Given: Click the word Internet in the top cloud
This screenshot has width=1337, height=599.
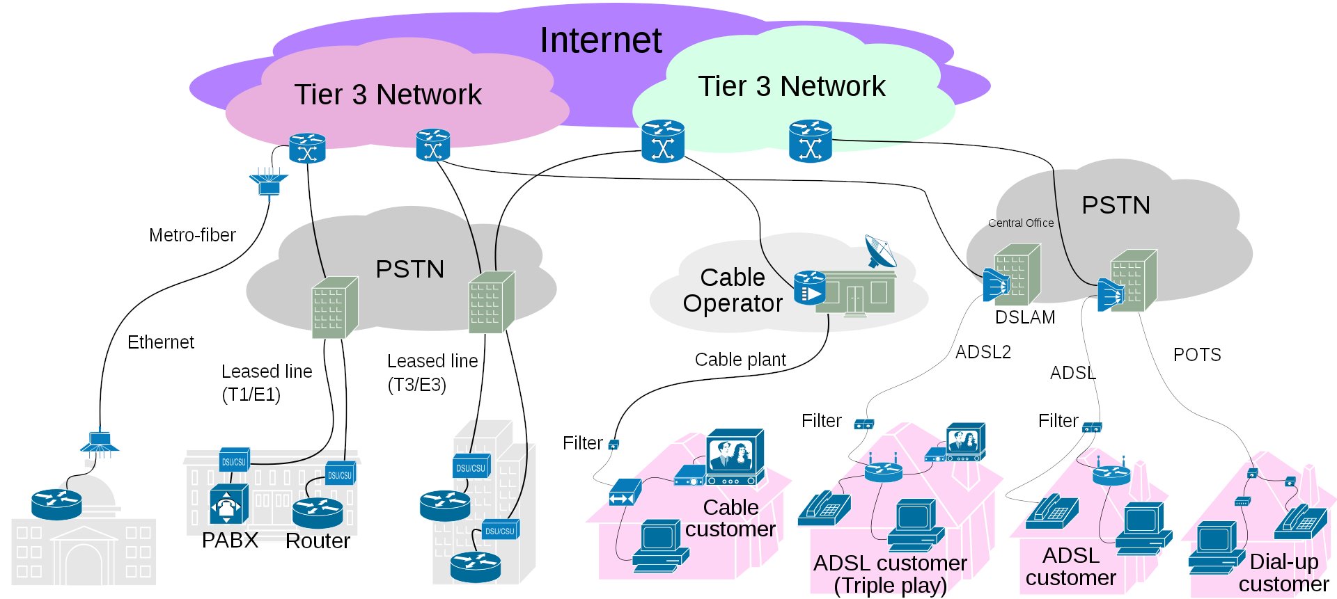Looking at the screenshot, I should point(600,40).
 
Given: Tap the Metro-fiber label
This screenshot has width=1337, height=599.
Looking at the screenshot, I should point(192,235).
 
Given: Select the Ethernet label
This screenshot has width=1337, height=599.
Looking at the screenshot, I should point(161,342).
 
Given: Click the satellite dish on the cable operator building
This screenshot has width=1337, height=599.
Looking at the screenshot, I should point(880,250).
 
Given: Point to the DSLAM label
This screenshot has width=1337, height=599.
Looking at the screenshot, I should point(1025,317).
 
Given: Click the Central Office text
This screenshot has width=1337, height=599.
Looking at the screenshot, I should point(1021,223).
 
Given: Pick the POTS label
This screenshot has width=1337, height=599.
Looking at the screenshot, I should point(1197,355).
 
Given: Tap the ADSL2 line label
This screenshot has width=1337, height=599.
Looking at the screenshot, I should point(983,352).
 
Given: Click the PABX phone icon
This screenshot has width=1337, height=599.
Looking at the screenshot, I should point(228,504).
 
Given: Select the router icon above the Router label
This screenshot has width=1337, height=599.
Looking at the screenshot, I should point(318,511).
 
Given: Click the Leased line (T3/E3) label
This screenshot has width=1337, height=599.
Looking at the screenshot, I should point(432,372).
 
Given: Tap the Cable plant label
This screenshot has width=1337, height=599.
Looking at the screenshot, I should point(740,360).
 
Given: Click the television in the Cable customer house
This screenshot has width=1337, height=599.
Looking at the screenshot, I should point(734,456).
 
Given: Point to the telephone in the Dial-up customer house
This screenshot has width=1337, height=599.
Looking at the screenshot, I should point(1299,521).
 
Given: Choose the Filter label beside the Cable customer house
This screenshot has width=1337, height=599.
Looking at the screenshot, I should point(582,443).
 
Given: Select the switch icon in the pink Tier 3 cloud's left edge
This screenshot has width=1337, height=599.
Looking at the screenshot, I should point(307,148).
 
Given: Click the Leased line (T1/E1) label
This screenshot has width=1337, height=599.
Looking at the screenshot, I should point(266,383).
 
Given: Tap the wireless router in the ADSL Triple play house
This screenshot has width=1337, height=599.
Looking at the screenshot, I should point(884,471).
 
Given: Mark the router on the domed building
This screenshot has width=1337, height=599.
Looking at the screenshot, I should point(56,504).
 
